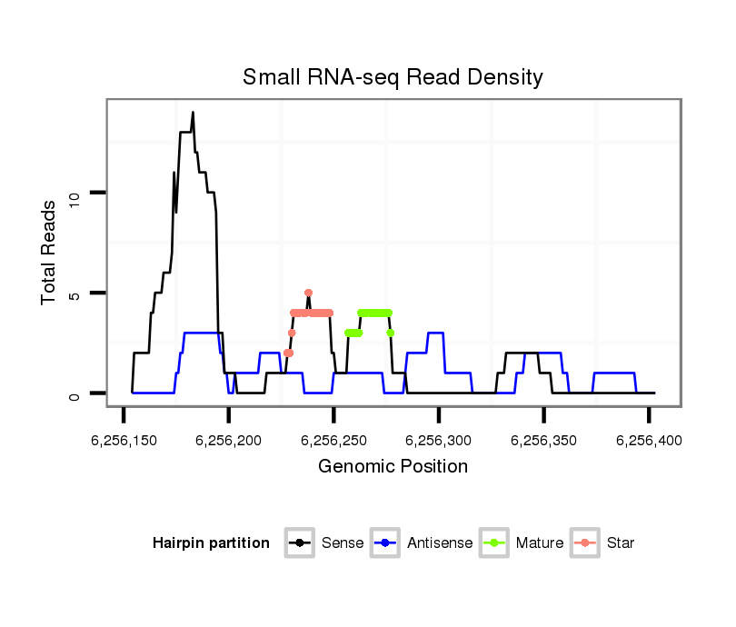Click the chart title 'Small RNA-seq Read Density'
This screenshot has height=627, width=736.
[x=393, y=77]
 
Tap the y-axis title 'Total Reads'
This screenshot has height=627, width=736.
[x=50, y=253]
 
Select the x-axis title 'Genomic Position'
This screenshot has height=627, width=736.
[x=393, y=467]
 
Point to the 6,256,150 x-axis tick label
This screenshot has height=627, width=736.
[x=124, y=441]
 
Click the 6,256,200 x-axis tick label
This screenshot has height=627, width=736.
[x=228, y=441]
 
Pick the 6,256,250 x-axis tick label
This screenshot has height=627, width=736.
[x=333, y=441]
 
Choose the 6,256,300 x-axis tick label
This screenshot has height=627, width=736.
[x=438, y=441]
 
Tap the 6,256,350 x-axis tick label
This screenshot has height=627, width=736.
[x=543, y=441]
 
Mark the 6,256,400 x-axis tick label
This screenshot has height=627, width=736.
[x=648, y=441]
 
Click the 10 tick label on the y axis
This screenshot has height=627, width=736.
[x=77, y=193]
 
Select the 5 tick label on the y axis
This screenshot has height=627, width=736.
[x=77, y=293]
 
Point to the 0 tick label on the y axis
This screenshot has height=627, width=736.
[x=77, y=393]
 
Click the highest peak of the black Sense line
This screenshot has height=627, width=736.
[x=193, y=113]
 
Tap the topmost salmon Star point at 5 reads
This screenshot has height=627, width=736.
[x=308, y=293]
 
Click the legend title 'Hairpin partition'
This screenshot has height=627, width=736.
[x=211, y=543]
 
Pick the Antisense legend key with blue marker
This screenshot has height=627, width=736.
[x=385, y=543]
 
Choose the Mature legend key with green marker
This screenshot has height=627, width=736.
[x=494, y=543]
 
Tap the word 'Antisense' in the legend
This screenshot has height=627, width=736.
[x=440, y=543]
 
